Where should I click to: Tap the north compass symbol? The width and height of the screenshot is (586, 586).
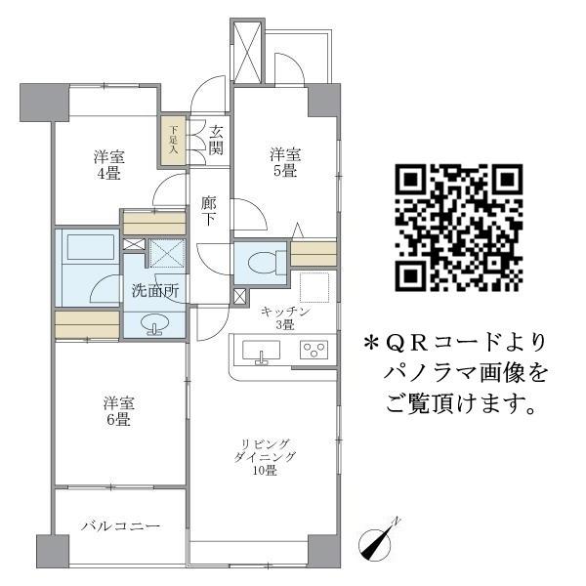coord(378,542)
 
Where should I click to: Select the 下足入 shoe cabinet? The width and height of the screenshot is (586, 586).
coord(173,139)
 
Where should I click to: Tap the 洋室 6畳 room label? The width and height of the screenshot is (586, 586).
coord(117,411)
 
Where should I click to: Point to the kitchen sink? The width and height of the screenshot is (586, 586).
coord(259,351)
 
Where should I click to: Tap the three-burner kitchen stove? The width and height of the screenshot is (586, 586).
coord(315,349)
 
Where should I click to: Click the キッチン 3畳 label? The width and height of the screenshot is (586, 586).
coord(284,318)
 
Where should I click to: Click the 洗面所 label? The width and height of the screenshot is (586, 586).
coord(155,291)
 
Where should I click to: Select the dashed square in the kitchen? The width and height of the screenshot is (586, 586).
coord(315,287)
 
